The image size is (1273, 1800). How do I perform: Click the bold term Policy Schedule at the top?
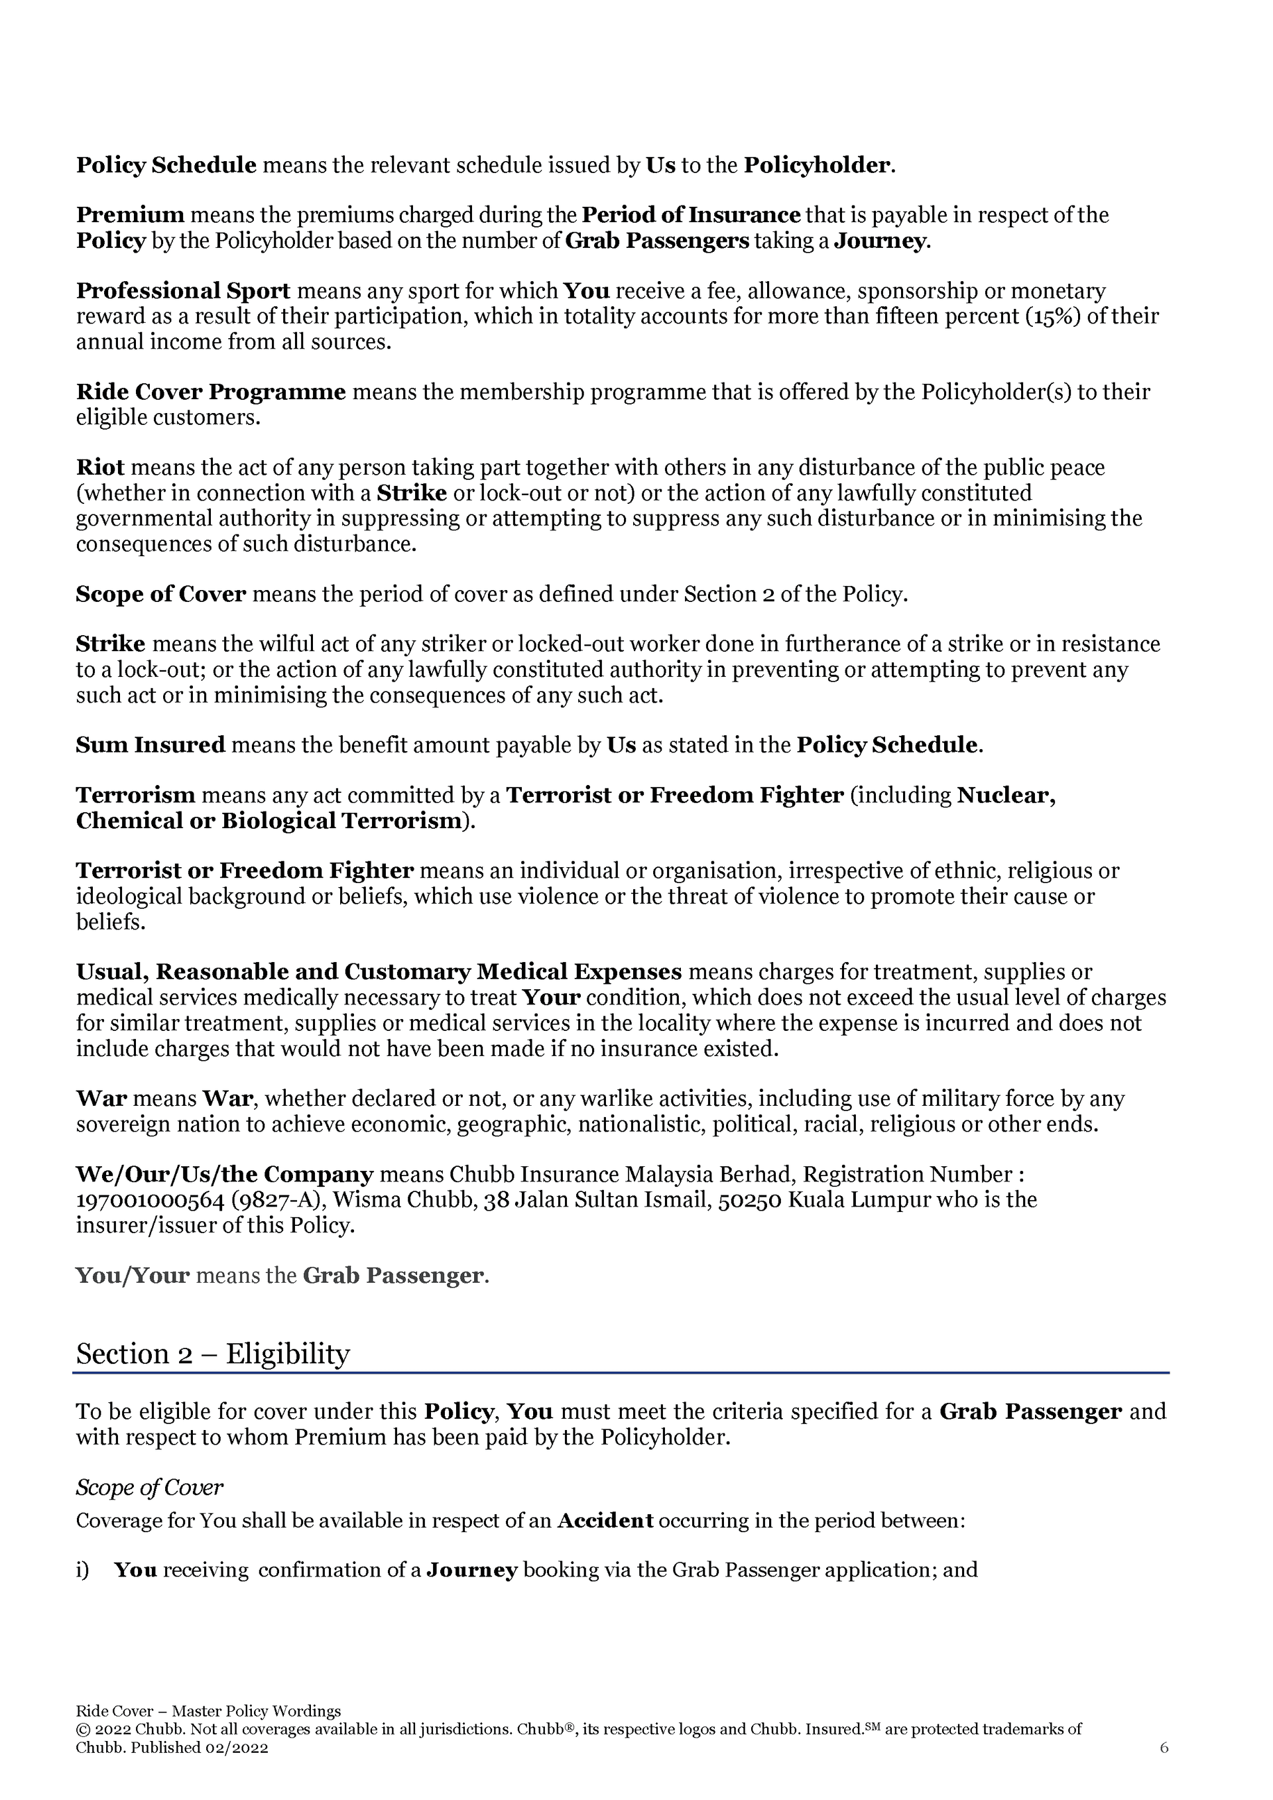click(166, 166)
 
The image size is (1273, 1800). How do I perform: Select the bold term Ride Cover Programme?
click(210, 392)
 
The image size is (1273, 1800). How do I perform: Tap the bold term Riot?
click(100, 468)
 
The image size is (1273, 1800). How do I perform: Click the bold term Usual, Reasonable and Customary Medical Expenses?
click(379, 972)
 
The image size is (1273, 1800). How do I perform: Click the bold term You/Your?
click(133, 1276)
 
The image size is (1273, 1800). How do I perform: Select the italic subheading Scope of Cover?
click(149, 1487)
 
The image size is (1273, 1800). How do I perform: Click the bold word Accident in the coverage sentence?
click(605, 1522)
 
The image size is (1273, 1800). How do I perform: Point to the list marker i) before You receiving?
click(82, 1571)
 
